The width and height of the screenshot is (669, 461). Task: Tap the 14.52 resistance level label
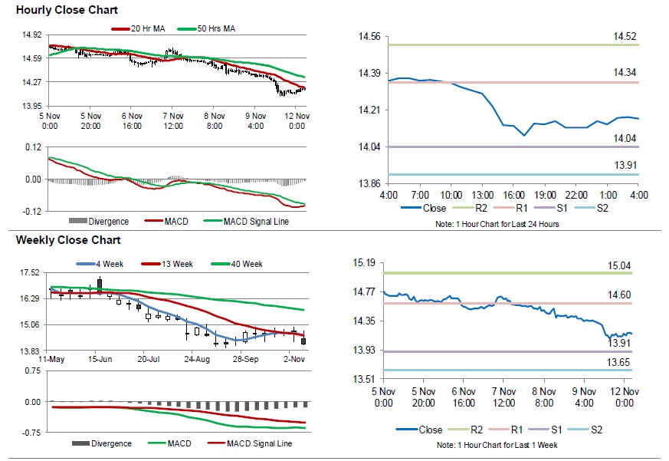click(x=625, y=36)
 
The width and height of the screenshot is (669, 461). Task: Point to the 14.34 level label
click(x=625, y=72)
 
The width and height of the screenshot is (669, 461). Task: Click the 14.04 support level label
click(x=625, y=138)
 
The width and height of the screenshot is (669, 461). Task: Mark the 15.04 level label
click(x=619, y=265)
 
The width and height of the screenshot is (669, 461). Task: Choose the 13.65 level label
click(x=619, y=362)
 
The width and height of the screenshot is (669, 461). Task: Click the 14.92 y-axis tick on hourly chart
click(x=32, y=35)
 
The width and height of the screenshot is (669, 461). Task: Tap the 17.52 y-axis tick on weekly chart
click(x=31, y=272)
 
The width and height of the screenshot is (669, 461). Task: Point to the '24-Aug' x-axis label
click(x=197, y=358)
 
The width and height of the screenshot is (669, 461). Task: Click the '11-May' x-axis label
click(x=51, y=358)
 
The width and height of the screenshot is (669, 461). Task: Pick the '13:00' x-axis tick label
click(x=482, y=195)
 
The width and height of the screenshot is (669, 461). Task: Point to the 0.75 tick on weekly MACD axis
click(x=32, y=370)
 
